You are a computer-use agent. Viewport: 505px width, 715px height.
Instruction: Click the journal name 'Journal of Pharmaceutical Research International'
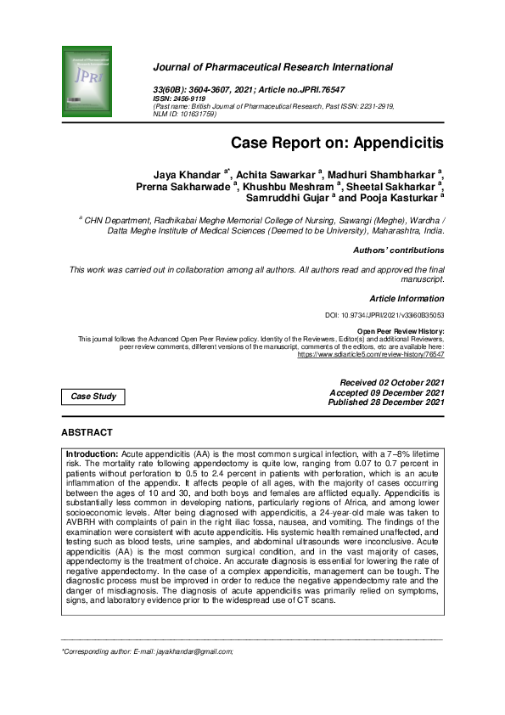272,67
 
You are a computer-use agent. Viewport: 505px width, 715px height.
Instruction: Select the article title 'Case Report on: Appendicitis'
337,144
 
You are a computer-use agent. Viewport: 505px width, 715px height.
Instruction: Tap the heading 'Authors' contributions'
398,251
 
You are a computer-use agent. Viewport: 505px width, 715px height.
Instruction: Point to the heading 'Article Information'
407,299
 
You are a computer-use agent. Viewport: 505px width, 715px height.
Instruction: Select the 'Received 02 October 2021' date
391,383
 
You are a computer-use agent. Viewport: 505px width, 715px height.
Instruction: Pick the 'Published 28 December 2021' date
386,403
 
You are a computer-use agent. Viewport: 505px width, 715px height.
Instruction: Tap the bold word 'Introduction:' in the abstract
93,455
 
